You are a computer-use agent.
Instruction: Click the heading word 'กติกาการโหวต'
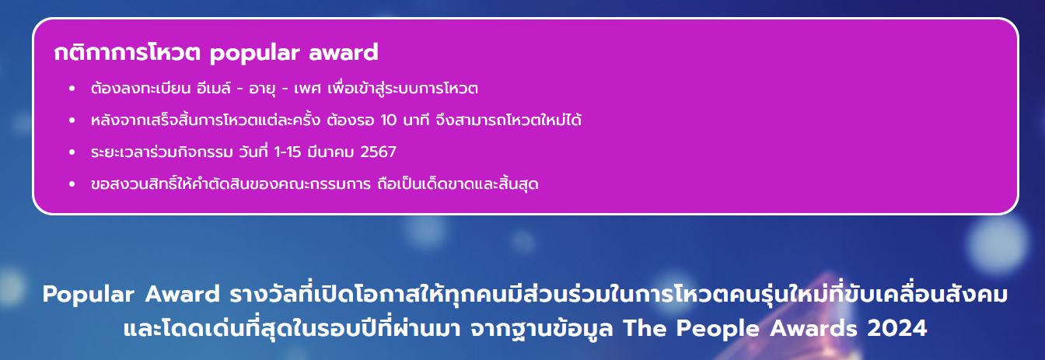click(x=127, y=52)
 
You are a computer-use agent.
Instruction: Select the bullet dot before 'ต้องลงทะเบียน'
click(x=72, y=89)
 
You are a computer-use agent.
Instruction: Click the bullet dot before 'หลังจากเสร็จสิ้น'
click(x=72, y=121)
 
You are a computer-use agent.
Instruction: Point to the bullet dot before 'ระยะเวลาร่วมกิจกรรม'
click(x=72, y=152)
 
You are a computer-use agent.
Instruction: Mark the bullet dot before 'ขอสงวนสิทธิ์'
click(x=72, y=184)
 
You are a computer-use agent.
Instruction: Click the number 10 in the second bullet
click(x=389, y=121)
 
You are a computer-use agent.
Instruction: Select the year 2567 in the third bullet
click(x=379, y=152)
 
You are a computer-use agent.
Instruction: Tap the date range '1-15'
click(x=288, y=152)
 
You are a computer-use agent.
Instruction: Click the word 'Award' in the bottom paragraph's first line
click(x=182, y=294)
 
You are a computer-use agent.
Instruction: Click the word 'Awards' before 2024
click(x=813, y=329)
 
